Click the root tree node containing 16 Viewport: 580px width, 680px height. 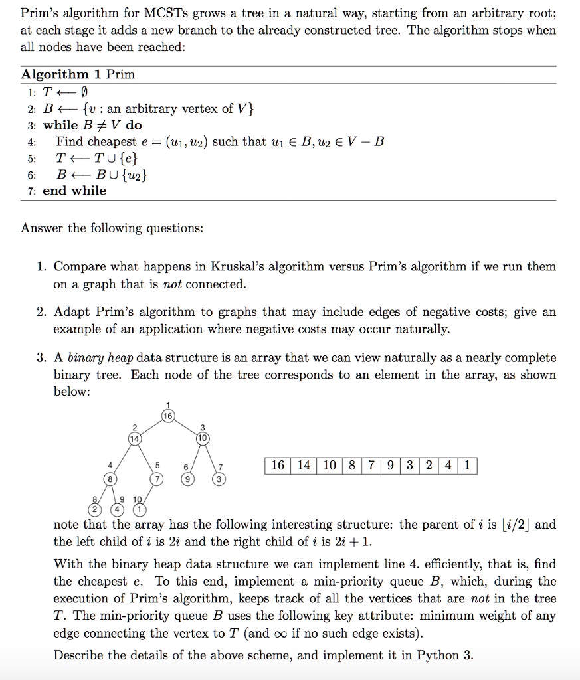[169, 415]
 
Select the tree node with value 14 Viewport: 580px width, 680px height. [135, 438]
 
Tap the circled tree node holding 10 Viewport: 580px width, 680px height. [203, 438]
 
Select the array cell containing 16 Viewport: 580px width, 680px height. [278, 466]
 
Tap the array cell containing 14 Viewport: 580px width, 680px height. [304, 466]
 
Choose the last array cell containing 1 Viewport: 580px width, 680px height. [467, 466]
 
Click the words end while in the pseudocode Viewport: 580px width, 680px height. [74, 191]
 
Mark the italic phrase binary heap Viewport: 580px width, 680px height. [95, 358]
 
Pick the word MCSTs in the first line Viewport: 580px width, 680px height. [153, 13]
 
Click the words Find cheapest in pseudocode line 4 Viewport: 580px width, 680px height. [97, 141]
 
